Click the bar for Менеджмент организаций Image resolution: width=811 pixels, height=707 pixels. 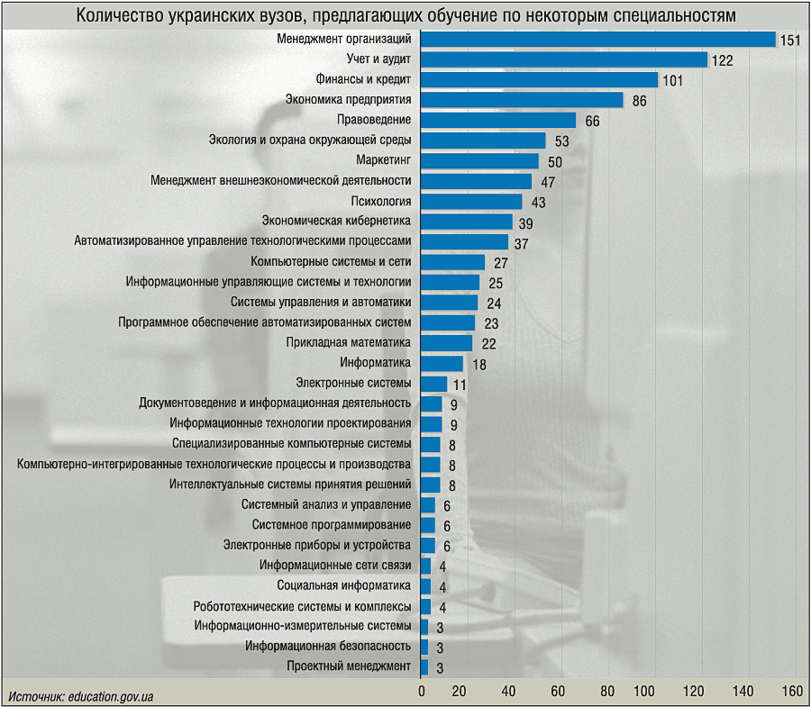pos(598,39)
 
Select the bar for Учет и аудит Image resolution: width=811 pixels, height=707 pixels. pos(564,59)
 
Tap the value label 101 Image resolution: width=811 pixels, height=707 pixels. pos(672,80)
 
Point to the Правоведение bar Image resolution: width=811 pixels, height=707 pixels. pos(498,120)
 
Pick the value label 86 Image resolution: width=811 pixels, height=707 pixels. pos(639,101)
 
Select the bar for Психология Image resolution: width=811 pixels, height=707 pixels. pos(471,201)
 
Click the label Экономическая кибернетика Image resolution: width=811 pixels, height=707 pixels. pos(336,221)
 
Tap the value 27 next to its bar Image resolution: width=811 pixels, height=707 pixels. pos(501,263)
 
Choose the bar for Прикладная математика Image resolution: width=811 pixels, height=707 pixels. pos(447,342)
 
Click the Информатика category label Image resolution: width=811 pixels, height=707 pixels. pos(375,363)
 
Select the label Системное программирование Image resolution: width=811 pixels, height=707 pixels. pos(332,525)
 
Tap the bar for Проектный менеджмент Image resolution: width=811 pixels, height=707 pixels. pos(424,666)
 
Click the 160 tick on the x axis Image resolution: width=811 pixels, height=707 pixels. pos(792,692)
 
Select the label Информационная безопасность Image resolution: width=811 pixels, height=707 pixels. pos(329,646)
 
